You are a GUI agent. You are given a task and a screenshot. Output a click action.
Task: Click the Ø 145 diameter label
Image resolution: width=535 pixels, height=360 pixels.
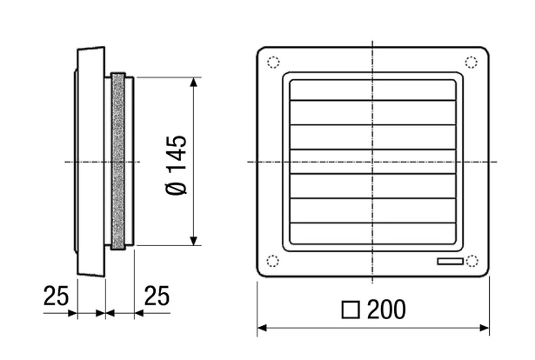click(177, 165)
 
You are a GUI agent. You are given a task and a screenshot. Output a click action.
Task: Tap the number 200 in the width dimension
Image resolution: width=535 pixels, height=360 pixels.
click(386, 310)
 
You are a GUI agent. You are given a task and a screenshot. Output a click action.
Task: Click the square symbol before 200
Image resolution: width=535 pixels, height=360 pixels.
click(351, 310)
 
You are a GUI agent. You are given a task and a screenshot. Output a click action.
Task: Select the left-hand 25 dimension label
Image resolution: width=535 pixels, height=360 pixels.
click(56, 296)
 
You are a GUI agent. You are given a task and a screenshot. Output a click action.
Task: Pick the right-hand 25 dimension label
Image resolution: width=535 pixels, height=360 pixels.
click(157, 296)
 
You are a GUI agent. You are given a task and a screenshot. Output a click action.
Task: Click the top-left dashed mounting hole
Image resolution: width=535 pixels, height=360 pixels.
click(273, 62)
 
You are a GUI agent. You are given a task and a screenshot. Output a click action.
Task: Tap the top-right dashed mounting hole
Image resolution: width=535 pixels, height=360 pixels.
click(471, 62)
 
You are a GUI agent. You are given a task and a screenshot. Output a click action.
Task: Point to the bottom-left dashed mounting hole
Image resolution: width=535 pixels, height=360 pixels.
click(272, 261)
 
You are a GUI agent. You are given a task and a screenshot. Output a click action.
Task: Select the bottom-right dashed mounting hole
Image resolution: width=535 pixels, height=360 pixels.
click(471, 261)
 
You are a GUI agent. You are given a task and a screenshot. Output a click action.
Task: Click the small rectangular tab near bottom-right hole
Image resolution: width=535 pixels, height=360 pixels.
click(451, 262)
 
